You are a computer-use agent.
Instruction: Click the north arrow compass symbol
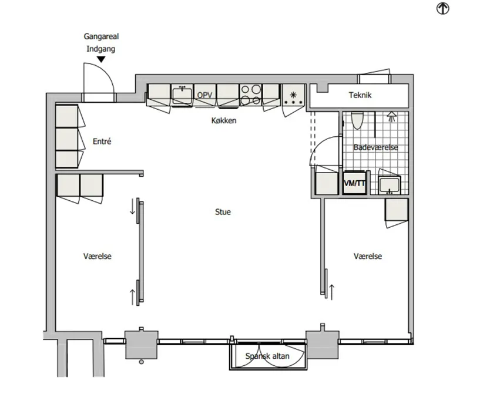(443, 8)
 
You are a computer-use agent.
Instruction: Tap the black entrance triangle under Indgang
(101, 59)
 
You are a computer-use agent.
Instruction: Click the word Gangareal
(101, 36)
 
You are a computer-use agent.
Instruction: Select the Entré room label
(102, 142)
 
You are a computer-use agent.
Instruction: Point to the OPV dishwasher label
(204, 95)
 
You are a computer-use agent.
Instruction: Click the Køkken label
(224, 120)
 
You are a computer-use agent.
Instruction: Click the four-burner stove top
(251, 95)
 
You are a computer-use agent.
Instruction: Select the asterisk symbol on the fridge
(293, 95)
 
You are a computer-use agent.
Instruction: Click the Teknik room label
(360, 95)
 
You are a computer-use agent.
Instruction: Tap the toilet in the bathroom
(357, 120)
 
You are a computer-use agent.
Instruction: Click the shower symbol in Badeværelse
(391, 116)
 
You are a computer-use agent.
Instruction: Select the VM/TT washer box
(355, 183)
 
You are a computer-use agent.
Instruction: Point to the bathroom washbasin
(389, 184)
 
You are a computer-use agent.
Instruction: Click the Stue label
(223, 212)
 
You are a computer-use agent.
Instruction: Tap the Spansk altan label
(267, 356)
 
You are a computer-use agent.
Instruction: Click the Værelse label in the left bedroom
(97, 257)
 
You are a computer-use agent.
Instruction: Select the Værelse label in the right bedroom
(368, 257)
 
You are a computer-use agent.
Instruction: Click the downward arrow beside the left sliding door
(133, 207)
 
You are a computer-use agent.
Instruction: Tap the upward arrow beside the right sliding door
(331, 292)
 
